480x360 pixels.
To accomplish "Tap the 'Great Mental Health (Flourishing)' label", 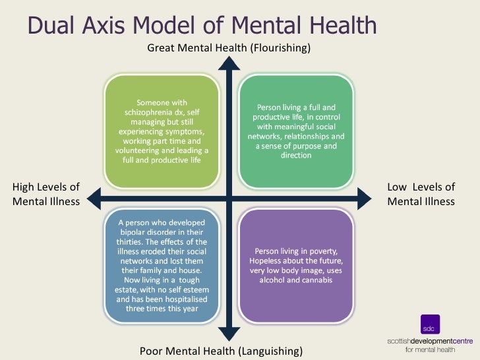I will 228,48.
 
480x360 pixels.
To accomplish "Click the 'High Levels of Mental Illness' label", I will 46,195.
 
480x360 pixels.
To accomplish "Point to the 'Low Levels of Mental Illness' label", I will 421,195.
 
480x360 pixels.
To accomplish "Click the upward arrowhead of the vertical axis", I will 228,63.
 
